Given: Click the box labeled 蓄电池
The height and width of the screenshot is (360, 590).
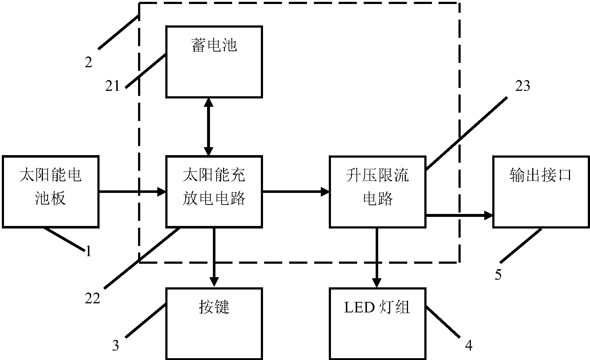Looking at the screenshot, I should tap(214, 62).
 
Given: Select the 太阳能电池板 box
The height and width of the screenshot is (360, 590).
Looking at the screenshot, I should tap(50, 191).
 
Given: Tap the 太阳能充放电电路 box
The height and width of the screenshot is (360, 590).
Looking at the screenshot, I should tap(214, 191).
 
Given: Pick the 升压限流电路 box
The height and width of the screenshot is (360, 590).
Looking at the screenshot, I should tap(377, 191).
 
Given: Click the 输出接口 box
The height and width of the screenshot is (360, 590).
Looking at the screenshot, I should tap(541, 191).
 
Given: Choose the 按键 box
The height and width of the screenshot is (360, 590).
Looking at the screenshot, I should tap(214, 323).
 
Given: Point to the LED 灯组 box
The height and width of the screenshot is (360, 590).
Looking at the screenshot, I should tap(377, 323).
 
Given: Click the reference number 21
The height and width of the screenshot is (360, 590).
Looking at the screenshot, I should tap(113, 86).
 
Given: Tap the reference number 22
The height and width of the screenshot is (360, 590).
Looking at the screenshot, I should tap(92, 299).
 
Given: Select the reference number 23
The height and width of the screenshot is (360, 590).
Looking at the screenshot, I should tap(523, 86).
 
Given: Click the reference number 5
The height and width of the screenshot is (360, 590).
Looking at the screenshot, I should tap(498, 275).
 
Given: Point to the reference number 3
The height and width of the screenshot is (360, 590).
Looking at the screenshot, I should tap(116, 345).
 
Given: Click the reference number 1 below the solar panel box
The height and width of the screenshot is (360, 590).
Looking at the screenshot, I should tap(88, 251).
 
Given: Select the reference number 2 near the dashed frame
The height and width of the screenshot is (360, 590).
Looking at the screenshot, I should tap(89, 63).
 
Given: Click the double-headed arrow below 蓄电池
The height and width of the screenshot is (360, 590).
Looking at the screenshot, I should tap(209, 127).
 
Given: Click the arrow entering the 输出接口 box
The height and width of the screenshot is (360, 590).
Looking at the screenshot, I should tap(459, 215).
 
